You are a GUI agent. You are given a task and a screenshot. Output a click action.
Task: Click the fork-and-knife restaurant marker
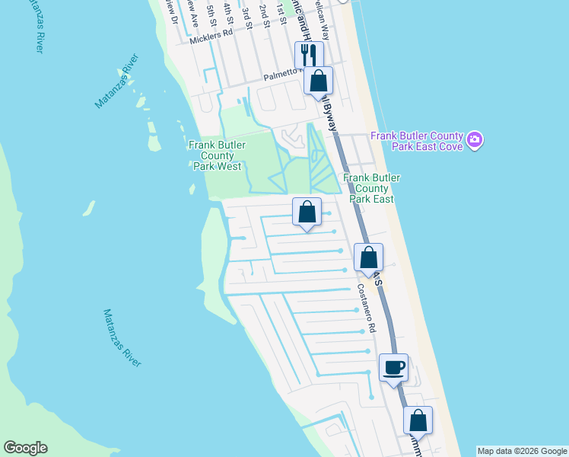[308, 55]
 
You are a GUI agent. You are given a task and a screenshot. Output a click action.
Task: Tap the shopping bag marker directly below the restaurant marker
[318, 80]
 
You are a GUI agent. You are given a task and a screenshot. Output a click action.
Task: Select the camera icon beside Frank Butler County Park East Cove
[475, 140]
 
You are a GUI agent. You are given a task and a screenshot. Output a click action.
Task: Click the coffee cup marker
[393, 368]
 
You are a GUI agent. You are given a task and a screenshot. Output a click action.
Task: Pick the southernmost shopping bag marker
[418, 420]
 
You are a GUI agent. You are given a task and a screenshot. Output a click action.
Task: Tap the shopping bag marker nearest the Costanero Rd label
[368, 258]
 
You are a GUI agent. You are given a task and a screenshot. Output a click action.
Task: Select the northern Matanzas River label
[117, 81]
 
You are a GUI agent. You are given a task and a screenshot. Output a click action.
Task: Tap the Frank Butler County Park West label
[215, 155]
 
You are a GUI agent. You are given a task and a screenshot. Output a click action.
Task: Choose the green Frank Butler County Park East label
[371, 187]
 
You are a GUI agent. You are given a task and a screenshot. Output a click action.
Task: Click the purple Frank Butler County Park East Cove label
[416, 141]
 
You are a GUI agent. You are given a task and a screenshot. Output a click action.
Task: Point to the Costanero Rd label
[367, 308]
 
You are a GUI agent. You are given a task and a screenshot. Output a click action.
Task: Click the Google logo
[25, 448]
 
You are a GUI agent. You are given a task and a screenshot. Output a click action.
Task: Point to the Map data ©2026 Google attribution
[522, 451]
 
